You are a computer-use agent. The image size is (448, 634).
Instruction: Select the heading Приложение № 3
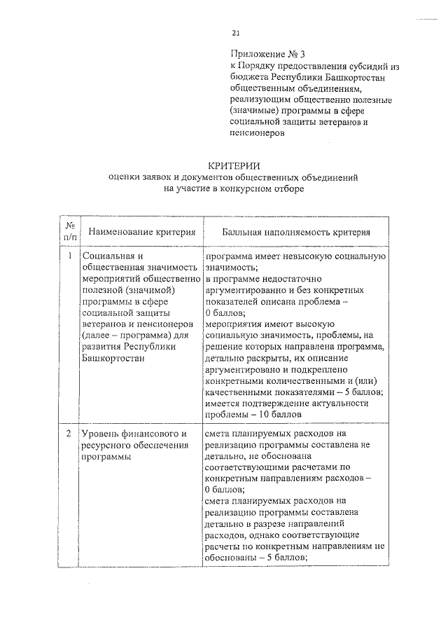click(268, 54)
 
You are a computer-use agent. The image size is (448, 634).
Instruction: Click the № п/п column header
click(70, 231)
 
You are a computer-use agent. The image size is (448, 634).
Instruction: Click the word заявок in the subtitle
click(168, 177)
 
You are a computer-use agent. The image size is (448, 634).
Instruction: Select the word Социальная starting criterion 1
click(106, 256)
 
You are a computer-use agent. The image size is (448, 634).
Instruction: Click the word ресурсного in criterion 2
click(106, 446)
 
